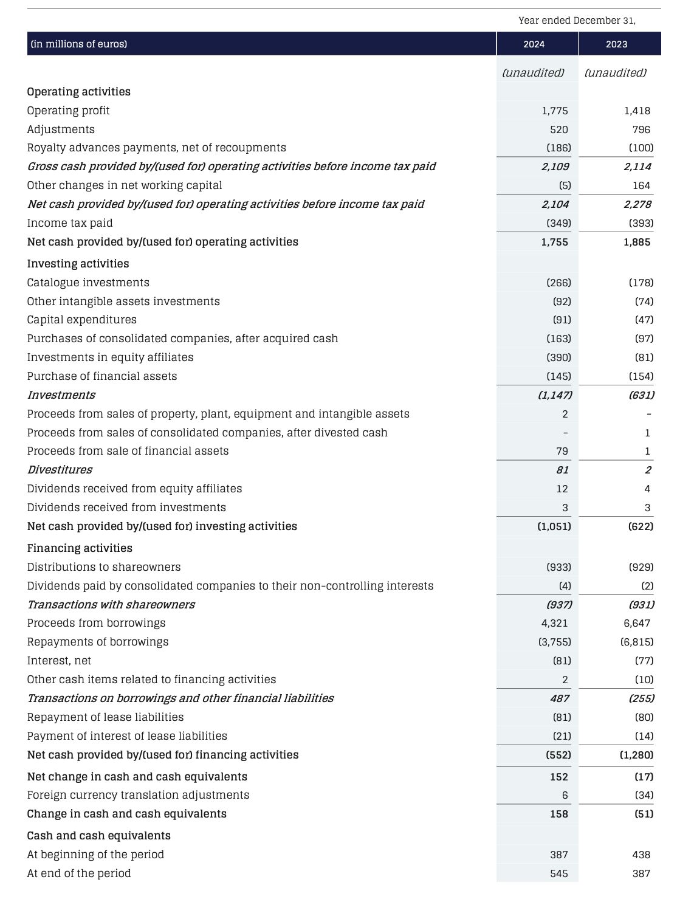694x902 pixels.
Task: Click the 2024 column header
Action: [534, 44]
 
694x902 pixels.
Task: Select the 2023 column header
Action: [616, 44]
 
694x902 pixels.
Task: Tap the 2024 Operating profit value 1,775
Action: [554, 111]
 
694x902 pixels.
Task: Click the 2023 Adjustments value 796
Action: [641, 129]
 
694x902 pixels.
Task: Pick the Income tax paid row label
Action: [70, 223]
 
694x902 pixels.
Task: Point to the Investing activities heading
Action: [78, 264]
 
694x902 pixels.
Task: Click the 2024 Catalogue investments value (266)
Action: [558, 283]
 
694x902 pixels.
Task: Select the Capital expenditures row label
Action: [81, 320]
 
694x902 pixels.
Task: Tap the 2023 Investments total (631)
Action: [641, 395]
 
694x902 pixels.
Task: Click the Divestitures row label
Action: [60, 470]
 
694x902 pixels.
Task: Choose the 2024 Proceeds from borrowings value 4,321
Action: [554, 623]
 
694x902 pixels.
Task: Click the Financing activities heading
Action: [80, 548]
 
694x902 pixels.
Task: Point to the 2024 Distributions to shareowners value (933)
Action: [558, 567]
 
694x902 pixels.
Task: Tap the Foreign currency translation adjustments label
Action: [138, 795]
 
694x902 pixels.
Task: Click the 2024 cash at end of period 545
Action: [558, 873]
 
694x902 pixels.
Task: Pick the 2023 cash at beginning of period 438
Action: [641, 855]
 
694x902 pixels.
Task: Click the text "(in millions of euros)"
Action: [78, 44]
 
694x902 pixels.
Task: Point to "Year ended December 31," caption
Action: [577, 21]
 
